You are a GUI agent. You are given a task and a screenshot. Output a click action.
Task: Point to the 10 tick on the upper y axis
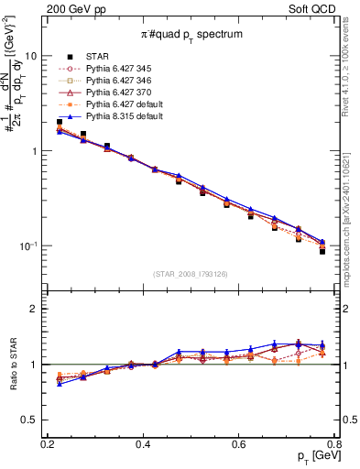tap(32, 56)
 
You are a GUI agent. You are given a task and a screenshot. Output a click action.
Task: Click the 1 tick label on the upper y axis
tap(35, 151)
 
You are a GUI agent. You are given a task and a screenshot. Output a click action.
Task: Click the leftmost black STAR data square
tap(60, 122)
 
